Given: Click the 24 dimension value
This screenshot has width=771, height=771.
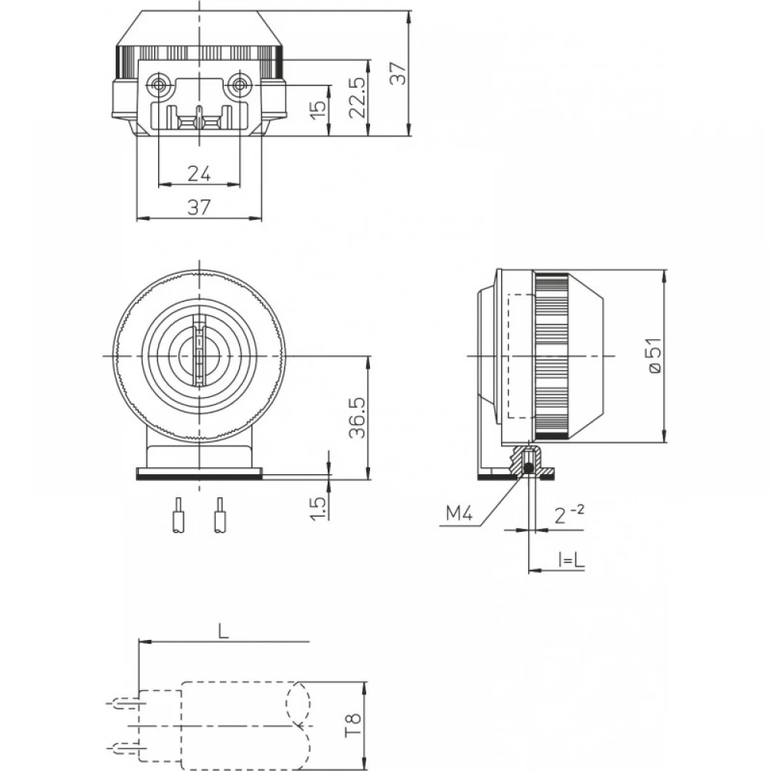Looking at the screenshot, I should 199,173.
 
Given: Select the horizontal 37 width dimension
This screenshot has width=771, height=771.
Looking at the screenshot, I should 199,207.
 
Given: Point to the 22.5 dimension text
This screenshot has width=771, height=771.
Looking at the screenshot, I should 356,97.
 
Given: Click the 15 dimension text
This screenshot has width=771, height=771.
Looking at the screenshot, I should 318,109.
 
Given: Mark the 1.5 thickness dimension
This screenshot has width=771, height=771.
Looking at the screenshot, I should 318,507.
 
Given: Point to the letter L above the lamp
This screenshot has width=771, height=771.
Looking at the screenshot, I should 223,631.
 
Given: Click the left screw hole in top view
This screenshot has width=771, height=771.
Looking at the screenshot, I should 160,83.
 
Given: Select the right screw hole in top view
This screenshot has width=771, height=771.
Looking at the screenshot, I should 240,83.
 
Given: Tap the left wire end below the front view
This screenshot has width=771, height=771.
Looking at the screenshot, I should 178,516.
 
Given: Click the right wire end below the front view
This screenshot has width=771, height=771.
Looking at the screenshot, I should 221,516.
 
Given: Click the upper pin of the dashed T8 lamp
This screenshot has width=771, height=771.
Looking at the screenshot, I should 124,704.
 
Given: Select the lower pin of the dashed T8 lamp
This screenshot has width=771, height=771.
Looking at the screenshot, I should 124,746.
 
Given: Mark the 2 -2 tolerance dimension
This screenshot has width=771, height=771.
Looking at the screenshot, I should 569,515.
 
